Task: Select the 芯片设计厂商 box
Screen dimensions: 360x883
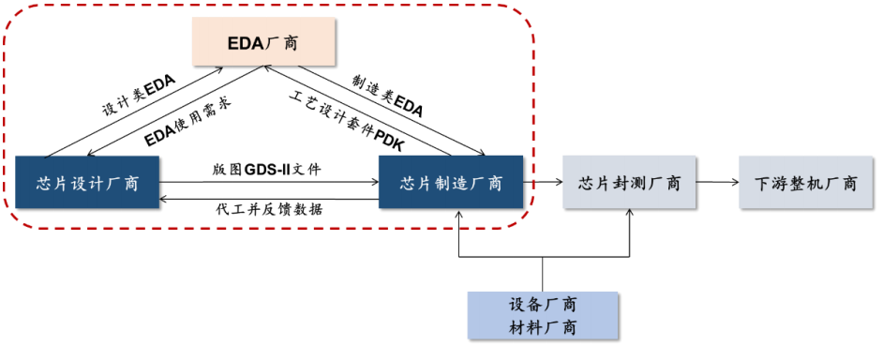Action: coord(90,183)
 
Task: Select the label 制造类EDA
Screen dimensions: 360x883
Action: coord(387,97)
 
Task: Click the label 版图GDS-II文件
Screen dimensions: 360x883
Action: coord(267,170)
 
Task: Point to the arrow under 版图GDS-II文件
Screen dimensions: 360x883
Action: coord(268,183)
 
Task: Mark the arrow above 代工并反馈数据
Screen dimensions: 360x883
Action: coord(268,198)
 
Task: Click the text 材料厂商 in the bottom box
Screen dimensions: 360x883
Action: coord(543,327)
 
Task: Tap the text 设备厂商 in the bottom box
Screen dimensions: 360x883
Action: coord(543,305)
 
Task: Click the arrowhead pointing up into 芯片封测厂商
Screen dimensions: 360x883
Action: coord(630,214)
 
